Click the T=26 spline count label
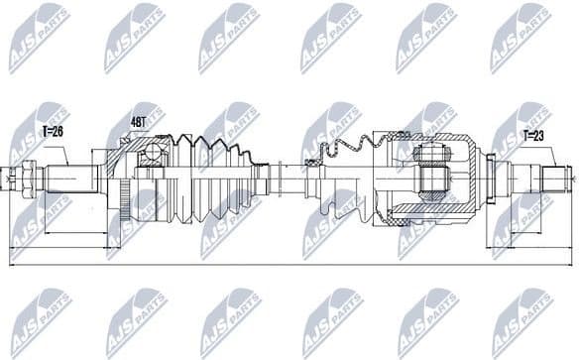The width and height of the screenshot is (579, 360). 52,130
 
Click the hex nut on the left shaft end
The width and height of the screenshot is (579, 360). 30,179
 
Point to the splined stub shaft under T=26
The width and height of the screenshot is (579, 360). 69,179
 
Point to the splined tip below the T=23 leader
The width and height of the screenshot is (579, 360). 554,180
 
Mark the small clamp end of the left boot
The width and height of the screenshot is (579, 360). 262,180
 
